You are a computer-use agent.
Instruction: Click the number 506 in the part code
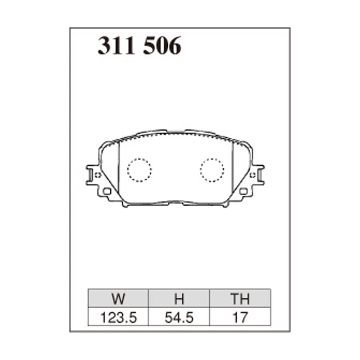[x=162, y=46]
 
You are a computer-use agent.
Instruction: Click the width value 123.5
[x=118, y=317]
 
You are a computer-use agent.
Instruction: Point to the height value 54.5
[x=179, y=317]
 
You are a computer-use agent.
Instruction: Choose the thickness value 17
[x=239, y=317]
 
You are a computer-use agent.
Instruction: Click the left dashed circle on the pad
[x=139, y=170]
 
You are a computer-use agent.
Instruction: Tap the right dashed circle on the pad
[x=212, y=170]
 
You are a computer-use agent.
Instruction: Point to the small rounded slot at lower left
[x=107, y=191]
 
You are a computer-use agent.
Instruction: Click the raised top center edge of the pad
[x=175, y=131]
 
